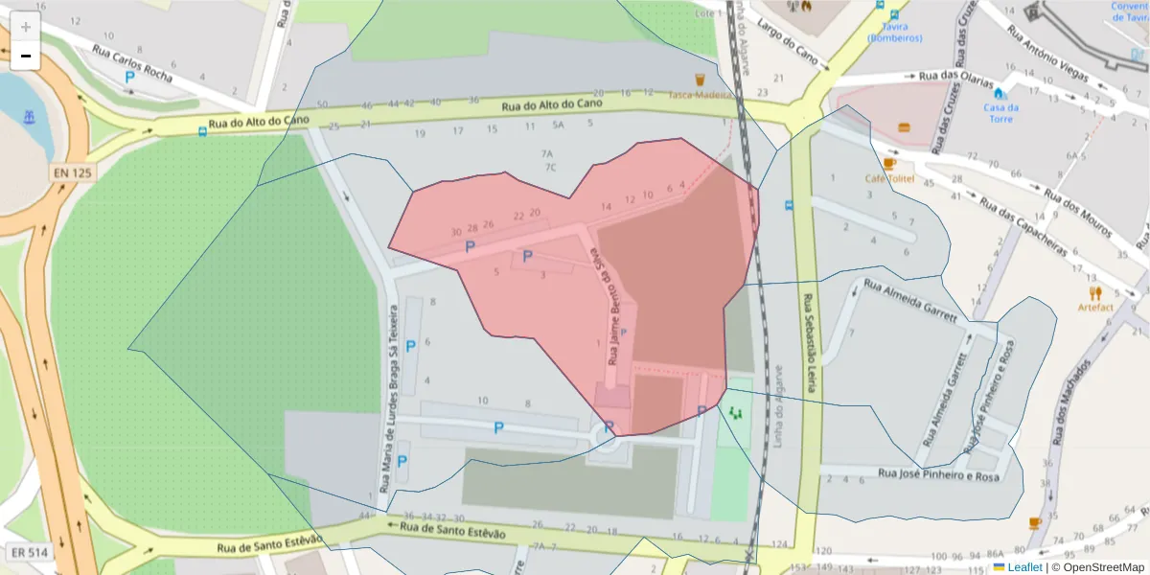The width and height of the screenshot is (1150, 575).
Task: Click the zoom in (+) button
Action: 26,27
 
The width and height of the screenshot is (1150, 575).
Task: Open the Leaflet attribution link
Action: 1024,567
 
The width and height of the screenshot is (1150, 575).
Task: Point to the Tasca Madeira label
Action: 701,94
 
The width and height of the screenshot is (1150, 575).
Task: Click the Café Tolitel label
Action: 891,178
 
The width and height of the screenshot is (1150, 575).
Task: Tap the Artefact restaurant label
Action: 1094,307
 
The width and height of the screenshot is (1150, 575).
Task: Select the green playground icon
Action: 736,413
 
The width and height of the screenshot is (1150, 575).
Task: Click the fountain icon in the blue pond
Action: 29,118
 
